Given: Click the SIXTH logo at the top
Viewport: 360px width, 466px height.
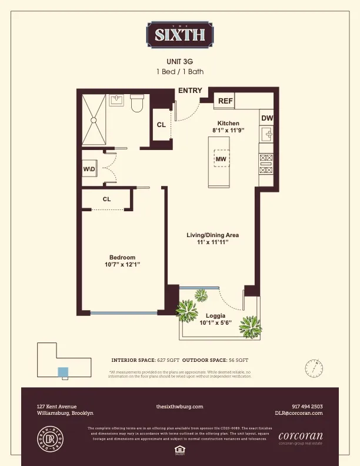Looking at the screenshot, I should click(x=180, y=34).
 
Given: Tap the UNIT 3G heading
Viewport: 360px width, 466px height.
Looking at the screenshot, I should click(x=180, y=61).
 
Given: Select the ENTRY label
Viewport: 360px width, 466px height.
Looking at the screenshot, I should click(x=190, y=91).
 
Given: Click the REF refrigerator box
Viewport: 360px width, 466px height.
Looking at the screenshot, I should click(x=225, y=101).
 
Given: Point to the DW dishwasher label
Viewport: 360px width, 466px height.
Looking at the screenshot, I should click(x=266, y=118).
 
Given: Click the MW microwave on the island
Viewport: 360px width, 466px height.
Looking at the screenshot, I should click(x=221, y=159).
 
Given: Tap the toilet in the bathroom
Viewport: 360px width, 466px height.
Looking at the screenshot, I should click(x=137, y=104).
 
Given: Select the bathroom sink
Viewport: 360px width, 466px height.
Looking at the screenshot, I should click(x=116, y=99).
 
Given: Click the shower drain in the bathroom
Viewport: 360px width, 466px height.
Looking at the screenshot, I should click(x=93, y=119).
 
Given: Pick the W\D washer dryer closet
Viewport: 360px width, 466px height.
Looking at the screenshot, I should click(x=89, y=170).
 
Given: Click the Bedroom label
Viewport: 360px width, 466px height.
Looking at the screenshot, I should click(x=122, y=257).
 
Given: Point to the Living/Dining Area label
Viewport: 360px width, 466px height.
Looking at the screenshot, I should click(x=212, y=235).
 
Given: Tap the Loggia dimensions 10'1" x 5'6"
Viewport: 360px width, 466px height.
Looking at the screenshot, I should click(x=216, y=322).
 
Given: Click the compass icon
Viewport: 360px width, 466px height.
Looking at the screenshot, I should click(x=314, y=368).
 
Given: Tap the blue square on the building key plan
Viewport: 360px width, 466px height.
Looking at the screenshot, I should click(x=62, y=371).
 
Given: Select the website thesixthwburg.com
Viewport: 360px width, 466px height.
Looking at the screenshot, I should click(x=179, y=407).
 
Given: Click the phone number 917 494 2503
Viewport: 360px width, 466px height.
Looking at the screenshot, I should click(x=307, y=407).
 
